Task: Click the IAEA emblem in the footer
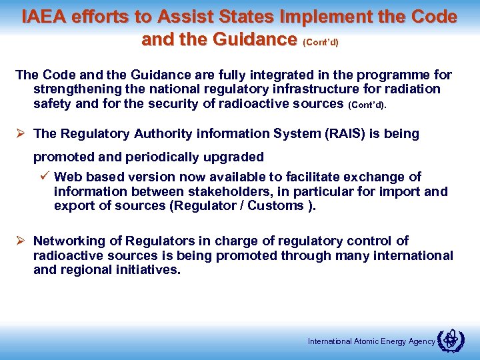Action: [451, 340]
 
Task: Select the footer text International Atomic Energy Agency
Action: [371, 341]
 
